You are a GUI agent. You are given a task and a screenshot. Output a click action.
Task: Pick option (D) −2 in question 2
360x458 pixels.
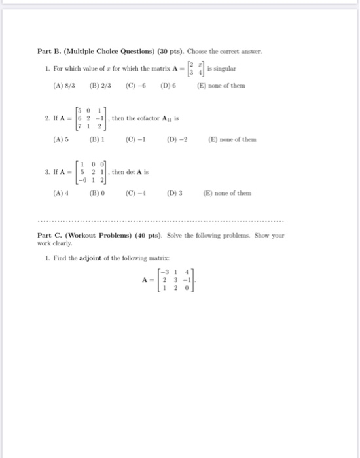point(175,139)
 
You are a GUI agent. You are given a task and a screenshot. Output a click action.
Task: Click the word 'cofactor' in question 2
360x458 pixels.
point(152,118)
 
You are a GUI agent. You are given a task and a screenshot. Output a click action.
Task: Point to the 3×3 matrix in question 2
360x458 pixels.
point(91,118)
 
